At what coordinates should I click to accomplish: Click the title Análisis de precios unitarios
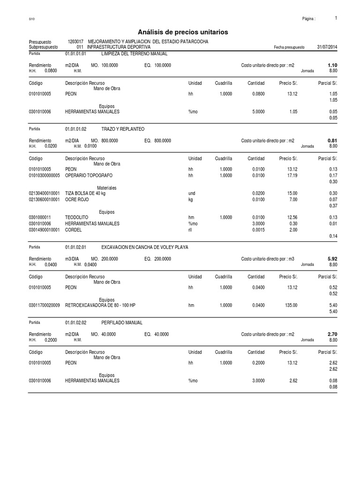pos(183,32)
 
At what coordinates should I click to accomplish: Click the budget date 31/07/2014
pos(327,47)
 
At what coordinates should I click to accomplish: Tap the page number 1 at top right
pos(336,18)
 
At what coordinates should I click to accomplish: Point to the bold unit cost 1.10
pos(332,65)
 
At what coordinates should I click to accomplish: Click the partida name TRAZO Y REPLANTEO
pos(123,128)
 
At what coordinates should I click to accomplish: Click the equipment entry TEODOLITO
pos(76,217)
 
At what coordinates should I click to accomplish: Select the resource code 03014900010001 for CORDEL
pos(44,230)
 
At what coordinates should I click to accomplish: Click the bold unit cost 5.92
pos(332,258)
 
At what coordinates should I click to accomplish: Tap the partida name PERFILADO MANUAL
pos(122,323)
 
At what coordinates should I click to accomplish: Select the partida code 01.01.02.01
pos(76,247)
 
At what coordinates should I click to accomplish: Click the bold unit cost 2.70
pos(332,335)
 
